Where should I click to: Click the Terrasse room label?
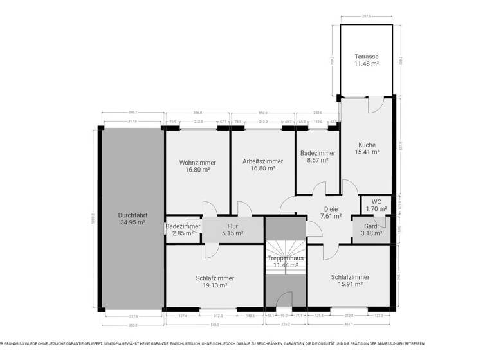pyautogui.click(x=366, y=57)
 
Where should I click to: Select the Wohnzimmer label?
pyautogui.click(x=197, y=163)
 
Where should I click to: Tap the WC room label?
pyautogui.click(x=376, y=201)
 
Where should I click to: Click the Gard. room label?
pyautogui.click(x=371, y=226)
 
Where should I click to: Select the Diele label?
pyautogui.click(x=331, y=209)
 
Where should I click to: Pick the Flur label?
pyautogui.click(x=233, y=226)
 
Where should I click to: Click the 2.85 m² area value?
pyautogui.click(x=183, y=233)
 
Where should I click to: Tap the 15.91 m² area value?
pyautogui.click(x=349, y=284)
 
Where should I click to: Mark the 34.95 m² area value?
pyautogui.click(x=132, y=222)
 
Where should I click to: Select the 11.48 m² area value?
pyautogui.click(x=366, y=64)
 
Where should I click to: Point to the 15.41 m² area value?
pyautogui.click(x=367, y=152)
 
